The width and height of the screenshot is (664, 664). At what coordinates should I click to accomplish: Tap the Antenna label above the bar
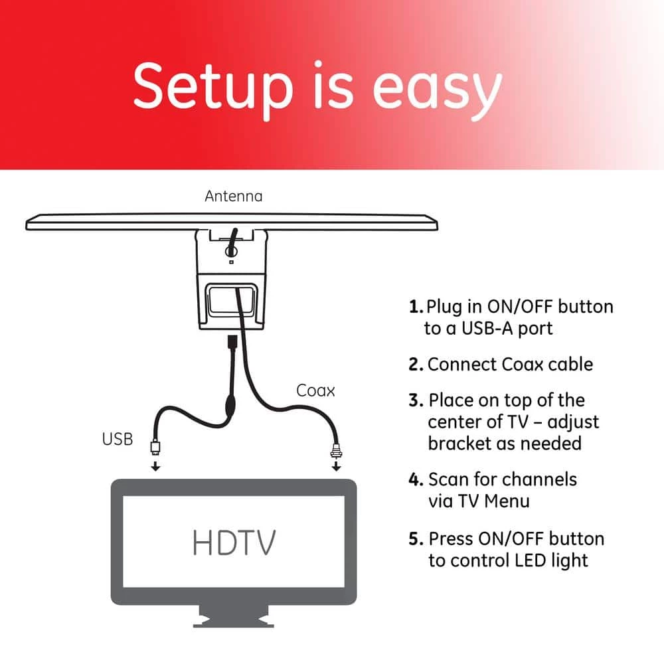coord(233,197)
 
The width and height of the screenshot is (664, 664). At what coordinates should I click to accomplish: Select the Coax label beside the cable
coord(315,391)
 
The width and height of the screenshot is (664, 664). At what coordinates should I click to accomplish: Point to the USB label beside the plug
coord(118,439)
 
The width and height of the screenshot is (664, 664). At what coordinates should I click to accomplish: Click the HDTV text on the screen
coord(233,542)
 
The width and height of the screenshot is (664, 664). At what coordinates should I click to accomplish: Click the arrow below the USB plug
coord(155,466)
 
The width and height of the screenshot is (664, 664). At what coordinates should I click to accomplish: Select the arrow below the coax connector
coord(337,466)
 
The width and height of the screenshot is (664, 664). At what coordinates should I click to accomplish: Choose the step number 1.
coord(416,307)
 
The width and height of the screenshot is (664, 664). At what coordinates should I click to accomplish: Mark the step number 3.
coord(416,401)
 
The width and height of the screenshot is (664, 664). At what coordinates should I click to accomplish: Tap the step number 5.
coord(416,539)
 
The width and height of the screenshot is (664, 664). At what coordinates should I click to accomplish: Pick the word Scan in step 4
coord(446,479)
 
